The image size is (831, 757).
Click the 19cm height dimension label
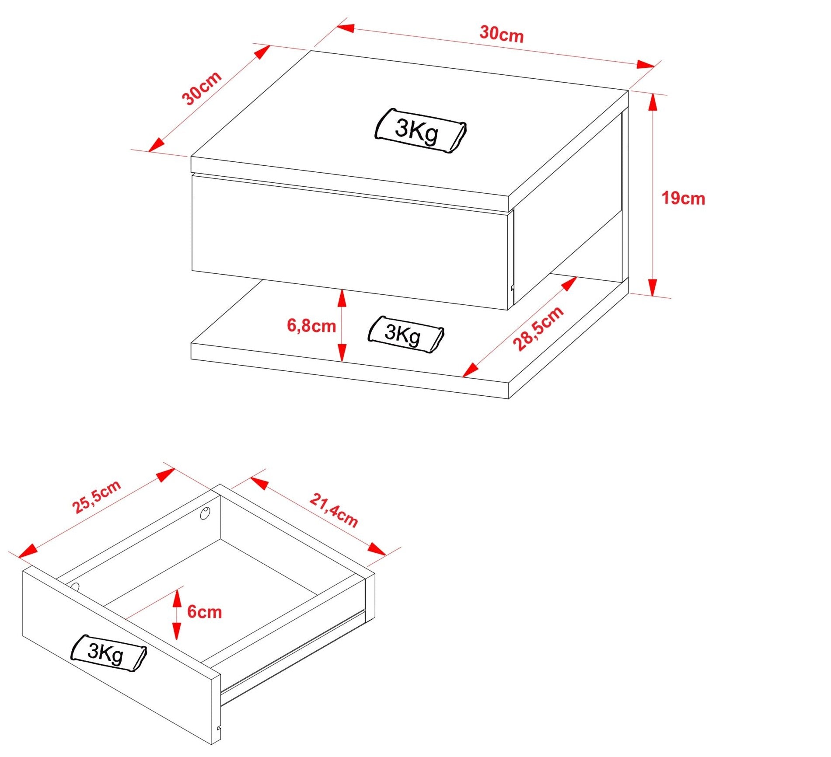coord(683,199)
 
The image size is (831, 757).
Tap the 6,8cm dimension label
coord(311,326)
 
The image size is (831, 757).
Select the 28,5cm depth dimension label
coord(538,328)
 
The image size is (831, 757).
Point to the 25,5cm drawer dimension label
coord(97,496)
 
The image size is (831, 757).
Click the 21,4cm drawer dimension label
coord(334,510)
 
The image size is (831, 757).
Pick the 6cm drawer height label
coord(205,612)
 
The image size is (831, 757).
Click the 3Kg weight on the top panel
coord(420,131)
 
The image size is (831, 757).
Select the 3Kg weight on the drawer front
coord(109,653)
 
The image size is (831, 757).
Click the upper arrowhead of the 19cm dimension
coord(653,103)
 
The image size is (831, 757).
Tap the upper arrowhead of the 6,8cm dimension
coord(342,298)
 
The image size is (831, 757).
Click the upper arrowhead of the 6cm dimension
coord(177,598)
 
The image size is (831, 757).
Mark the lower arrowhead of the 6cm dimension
coord(177,631)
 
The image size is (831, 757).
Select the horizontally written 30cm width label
coord(502,34)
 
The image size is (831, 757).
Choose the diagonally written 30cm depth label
coord(202,88)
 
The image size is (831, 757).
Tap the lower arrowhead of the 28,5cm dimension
coord(470,370)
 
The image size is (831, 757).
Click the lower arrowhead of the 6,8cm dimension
coord(342,353)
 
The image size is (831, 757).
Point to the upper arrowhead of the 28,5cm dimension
coord(569,284)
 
